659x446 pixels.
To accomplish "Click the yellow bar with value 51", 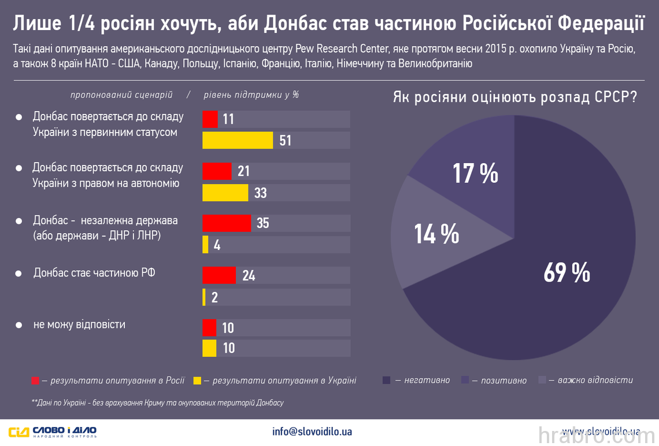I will pos(238,141).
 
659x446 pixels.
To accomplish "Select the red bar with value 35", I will pos(227,223).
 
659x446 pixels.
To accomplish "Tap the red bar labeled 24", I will pos(219,275).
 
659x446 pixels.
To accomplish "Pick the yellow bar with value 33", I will pos(225,193).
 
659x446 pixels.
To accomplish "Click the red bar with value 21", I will pos(217,171).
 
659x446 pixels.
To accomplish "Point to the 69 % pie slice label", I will pos(566,272).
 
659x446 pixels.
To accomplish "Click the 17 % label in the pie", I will pos(475,173).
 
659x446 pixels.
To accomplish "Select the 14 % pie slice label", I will pos(436,234).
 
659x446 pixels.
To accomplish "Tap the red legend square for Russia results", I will pos(35,381).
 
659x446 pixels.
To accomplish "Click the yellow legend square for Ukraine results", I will pos(198,381).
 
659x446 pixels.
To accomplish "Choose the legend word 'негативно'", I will pos(427,380).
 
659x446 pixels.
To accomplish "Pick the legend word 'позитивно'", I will pos(504,380).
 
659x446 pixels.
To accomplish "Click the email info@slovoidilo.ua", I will pos(312,432).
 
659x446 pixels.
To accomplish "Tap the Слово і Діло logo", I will pos(53,432).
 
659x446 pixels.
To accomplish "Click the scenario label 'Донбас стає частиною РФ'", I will pos(94,272).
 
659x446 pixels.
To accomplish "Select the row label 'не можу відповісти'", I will pos(79,325).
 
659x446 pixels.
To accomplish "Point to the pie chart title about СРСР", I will pos(515,97).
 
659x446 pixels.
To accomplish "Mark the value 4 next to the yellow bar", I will pos(217,245).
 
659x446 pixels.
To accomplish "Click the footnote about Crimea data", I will pos(157,402).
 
